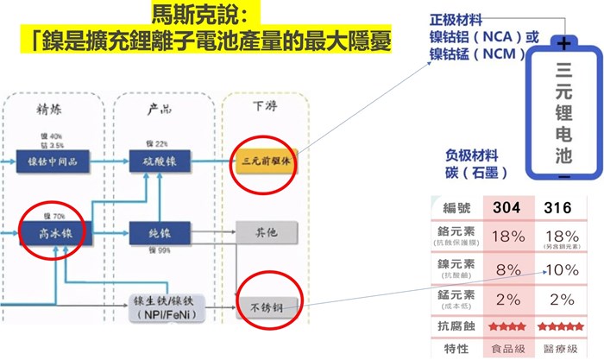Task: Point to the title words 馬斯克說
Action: (186, 15)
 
